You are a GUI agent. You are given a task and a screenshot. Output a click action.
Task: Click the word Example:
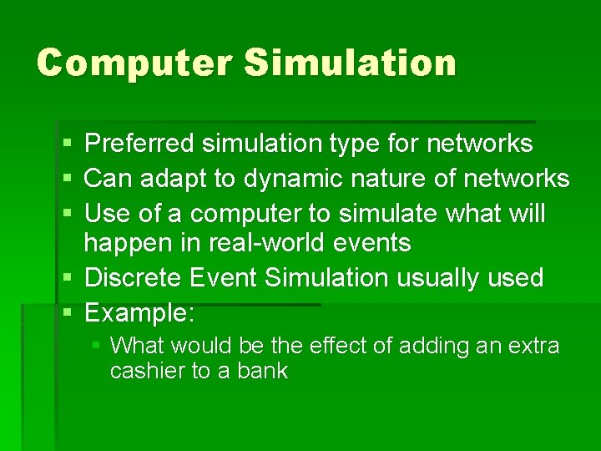pyautogui.click(x=140, y=312)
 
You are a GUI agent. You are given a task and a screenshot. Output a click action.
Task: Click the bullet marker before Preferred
pyautogui.click(x=67, y=144)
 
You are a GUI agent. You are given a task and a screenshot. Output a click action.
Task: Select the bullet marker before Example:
pyautogui.click(x=67, y=313)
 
